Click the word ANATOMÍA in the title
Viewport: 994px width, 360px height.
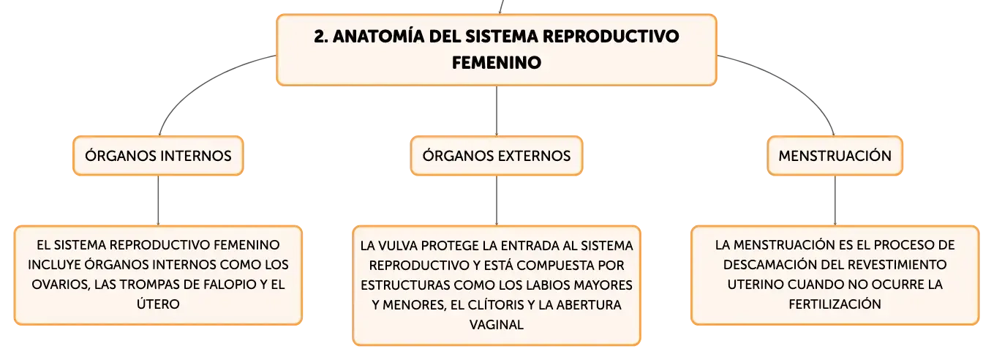tap(379, 36)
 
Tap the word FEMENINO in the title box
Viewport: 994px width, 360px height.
tap(497, 63)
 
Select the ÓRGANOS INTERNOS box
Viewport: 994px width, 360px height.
tap(158, 156)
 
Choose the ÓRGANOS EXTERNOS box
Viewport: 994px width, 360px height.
tap(496, 156)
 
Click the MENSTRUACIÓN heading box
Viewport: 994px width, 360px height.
tap(835, 156)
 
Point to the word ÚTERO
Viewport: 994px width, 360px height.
tap(158, 304)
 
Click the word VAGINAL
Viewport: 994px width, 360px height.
tap(496, 324)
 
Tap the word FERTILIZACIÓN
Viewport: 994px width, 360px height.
tap(835, 304)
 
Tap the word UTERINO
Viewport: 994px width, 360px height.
tap(756, 285)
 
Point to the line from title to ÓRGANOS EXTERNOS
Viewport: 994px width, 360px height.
tap(496, 111)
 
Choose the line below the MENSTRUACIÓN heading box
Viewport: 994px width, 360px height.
tap(835, 200)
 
